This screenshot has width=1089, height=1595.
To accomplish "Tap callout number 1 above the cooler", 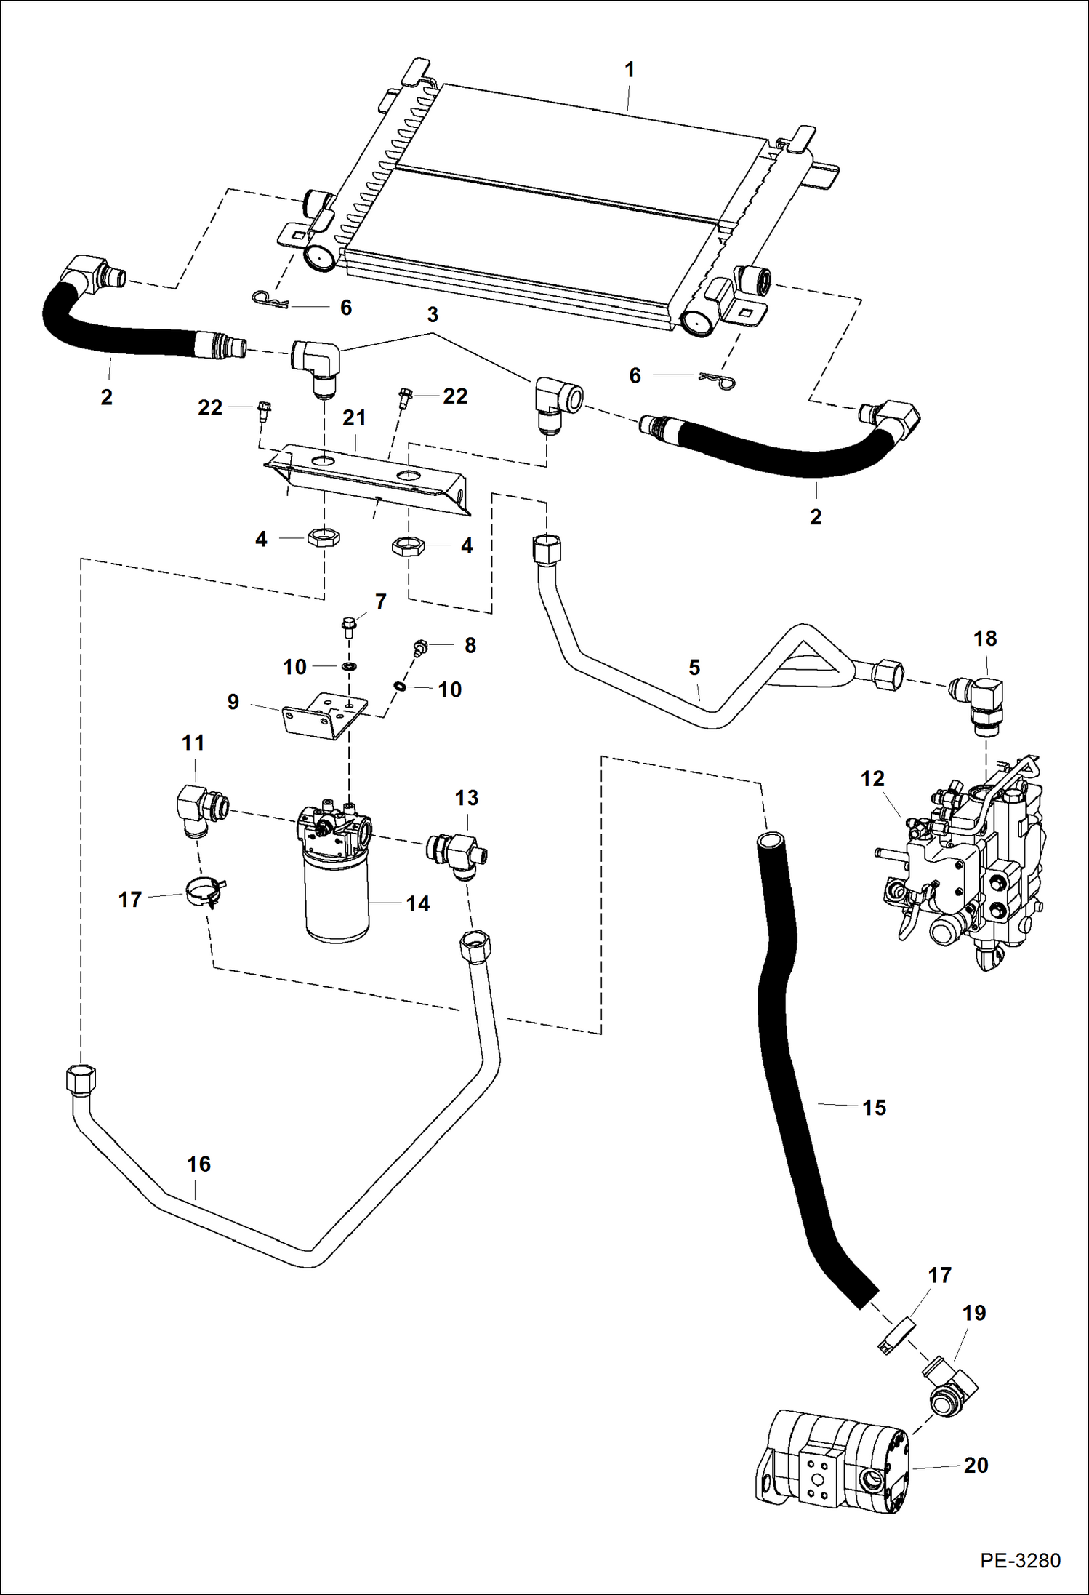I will (x=630, y=70).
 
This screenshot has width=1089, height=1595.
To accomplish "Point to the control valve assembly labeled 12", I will (x=967, y=866).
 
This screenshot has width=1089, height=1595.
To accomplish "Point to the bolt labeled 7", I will (x=349, y=625).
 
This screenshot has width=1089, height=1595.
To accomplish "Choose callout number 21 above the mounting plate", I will (x=354, y=417).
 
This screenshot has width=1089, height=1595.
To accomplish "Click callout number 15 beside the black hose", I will (x=874, y=1108).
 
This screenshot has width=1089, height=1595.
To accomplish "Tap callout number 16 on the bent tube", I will (x=198, y=1164).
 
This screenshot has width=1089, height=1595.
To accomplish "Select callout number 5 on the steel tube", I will (x=694, y=667).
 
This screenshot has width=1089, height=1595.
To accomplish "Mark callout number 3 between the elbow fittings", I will (x=433, y=315).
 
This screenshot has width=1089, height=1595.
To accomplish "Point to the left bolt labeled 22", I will (x=264, y=411).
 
